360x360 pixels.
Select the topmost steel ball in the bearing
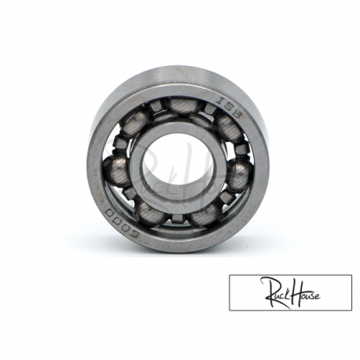pos(183,106)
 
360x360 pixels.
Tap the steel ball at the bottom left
pos(150,213)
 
